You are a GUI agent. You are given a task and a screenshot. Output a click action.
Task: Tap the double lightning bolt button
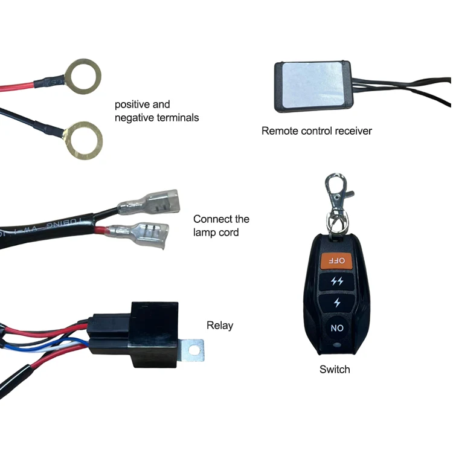click(x=337, y=281)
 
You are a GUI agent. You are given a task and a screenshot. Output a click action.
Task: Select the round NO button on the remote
click(x=336, y=328)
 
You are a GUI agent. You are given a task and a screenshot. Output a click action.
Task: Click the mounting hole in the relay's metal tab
click(x=194, y=349)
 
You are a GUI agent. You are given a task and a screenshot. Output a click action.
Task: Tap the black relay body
click(x=149, y=335)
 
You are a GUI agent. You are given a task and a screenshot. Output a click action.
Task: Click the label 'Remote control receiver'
click(x=316, y=130)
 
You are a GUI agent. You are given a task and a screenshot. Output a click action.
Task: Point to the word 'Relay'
click(x=219, y=326)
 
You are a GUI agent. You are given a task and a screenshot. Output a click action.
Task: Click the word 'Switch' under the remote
click(x=335, y=369)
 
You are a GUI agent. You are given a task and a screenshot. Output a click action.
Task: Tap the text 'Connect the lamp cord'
click(x=221, y=225)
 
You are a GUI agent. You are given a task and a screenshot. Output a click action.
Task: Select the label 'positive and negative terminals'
click(x=156, y=111)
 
